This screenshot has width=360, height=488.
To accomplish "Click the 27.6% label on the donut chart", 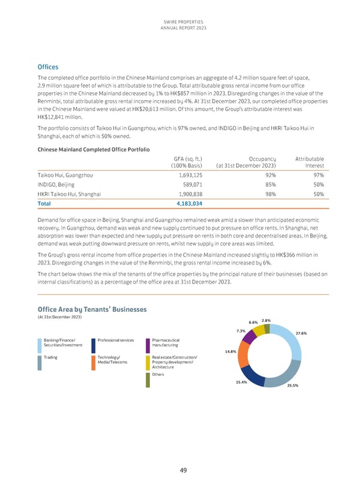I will pos(301,333).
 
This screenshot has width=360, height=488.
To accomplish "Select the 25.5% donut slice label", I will pos(293,385).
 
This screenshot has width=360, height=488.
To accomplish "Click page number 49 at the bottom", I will pos(180,471).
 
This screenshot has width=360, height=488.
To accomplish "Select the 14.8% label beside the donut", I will pos(230,352).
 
